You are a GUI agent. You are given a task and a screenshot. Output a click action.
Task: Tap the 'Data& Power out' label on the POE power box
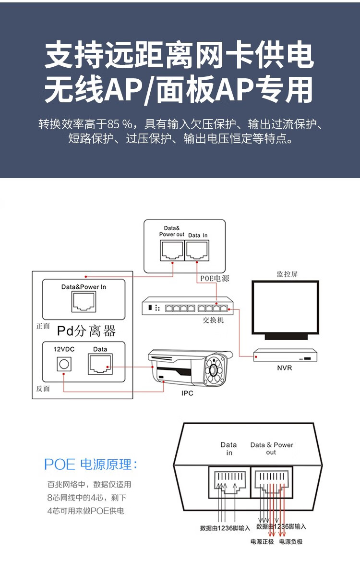[172, 231]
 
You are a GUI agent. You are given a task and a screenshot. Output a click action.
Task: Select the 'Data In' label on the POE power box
[198, 235]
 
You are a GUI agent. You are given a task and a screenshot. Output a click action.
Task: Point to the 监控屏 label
[287, 274]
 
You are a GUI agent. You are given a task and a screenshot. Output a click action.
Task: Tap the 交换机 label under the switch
[213, 320]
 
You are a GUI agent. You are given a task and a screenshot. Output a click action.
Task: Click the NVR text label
[284, 368]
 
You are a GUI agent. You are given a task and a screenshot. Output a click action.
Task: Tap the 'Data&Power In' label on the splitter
[84, 287]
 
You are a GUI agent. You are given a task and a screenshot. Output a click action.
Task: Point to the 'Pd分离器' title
[86, 330]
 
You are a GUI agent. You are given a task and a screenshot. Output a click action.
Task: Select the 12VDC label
[63, 349]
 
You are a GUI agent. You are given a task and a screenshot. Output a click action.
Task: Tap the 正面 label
[43, 326]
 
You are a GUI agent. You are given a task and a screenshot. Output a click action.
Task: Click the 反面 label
[43, 388]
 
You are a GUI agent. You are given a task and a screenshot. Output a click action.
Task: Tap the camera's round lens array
[215, 370]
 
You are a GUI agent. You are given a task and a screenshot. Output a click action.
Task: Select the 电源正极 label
[262, 542]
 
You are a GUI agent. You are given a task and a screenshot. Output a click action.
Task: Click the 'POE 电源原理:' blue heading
[91, 465]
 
